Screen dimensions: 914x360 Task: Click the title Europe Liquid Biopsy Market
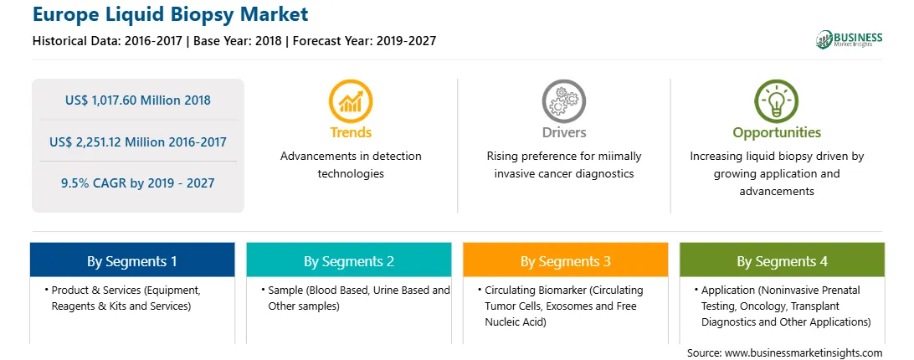170,14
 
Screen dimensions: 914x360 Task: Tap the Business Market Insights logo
850,39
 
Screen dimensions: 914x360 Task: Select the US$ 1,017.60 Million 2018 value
138,100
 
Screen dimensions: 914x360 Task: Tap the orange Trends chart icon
351,101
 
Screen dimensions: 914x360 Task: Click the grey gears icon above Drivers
563,101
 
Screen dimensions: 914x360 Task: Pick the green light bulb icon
777,101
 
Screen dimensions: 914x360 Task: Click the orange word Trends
351,132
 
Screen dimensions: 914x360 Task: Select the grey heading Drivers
564,132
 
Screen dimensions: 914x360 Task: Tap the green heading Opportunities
777,133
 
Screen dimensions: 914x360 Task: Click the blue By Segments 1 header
132,260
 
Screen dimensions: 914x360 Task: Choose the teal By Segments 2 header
348,260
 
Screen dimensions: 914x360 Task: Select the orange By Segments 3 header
566,260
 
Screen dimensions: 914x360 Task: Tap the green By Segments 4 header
783,260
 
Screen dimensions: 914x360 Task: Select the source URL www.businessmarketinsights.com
804,353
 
